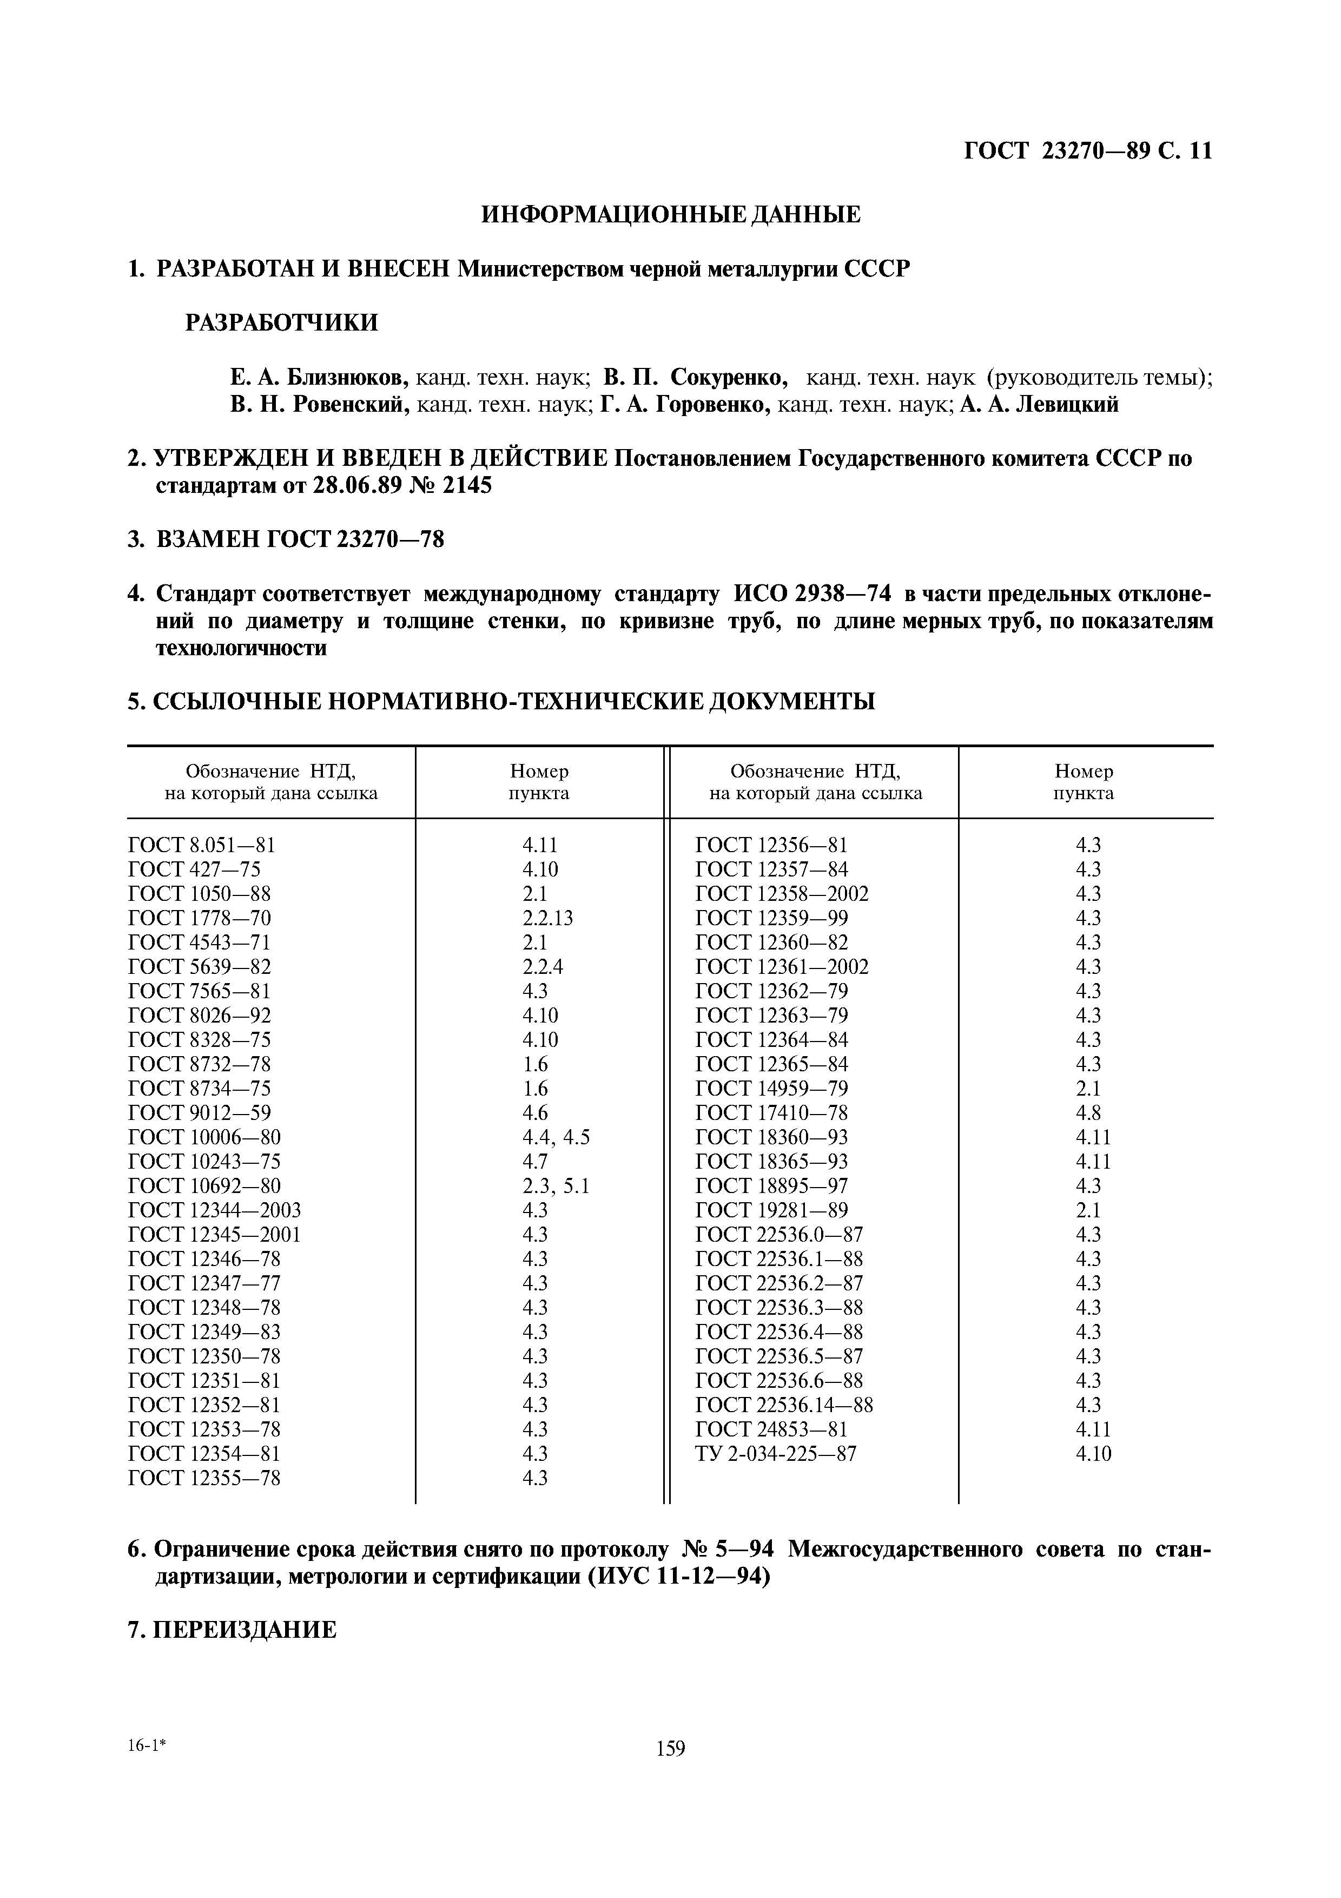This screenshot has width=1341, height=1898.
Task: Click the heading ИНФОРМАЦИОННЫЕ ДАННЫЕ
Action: point(670,215)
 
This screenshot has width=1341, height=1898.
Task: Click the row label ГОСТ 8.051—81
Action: point(202,845)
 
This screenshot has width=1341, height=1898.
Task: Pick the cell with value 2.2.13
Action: point(547,918)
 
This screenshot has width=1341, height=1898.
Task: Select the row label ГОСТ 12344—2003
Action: point(215,1210)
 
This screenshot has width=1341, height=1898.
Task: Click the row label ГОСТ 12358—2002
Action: point(782,894)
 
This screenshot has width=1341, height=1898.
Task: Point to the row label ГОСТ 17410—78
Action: point(772,1113)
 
